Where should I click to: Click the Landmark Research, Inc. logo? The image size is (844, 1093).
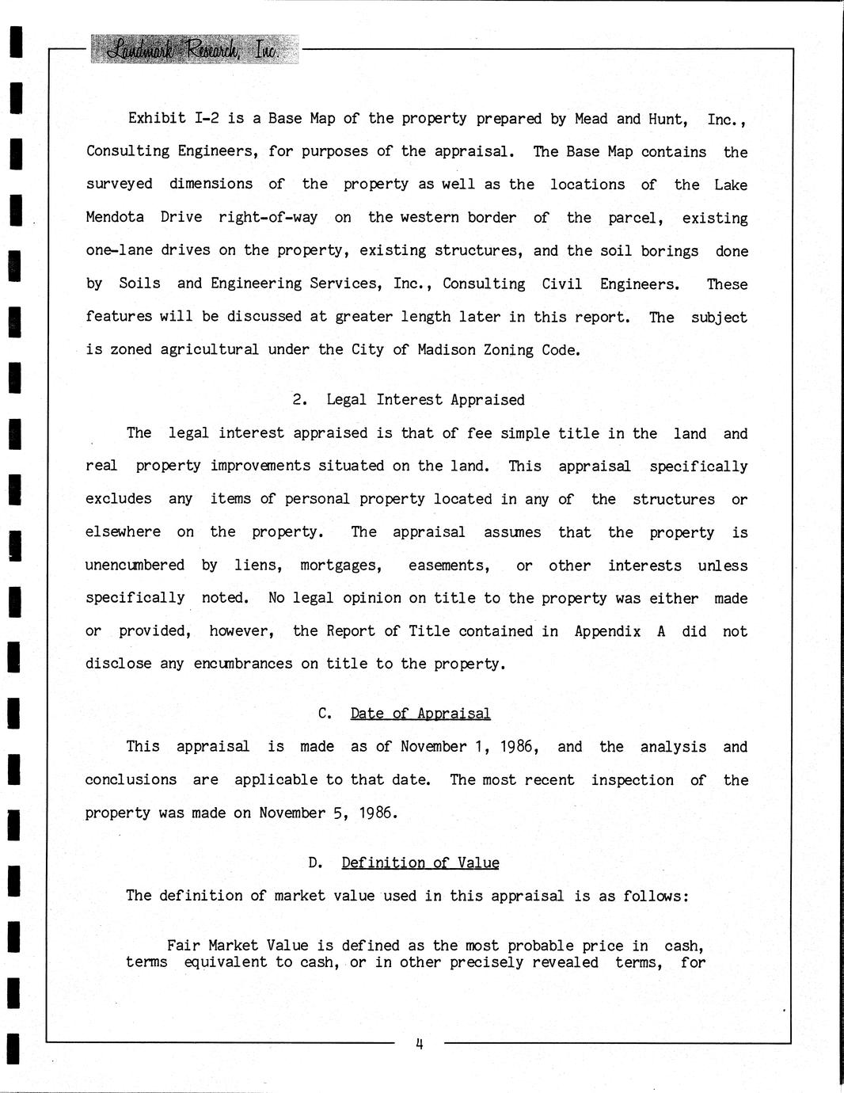point(195,49)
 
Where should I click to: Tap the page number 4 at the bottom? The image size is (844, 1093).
point(420,1044)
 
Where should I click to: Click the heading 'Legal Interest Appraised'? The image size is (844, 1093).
point(425,400)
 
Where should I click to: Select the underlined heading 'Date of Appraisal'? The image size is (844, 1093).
point(420,714)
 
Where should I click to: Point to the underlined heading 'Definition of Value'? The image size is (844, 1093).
point(420,863)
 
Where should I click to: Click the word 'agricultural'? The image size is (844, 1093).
point(209,349)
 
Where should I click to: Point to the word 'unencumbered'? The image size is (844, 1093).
point(135,566)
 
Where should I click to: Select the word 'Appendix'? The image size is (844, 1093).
point(607,631)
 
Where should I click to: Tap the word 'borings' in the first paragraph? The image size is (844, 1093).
point(670,251)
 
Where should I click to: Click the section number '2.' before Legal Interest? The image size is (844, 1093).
point(300,400)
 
